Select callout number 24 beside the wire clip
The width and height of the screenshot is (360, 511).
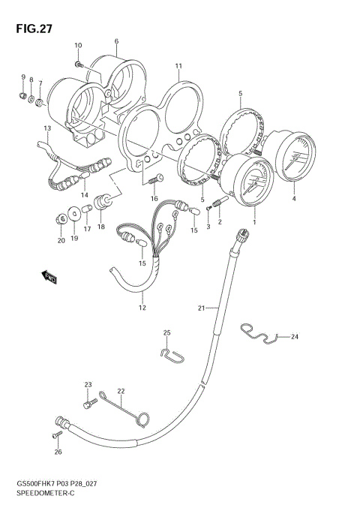pos(294,337)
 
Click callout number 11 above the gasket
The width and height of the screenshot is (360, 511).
pos(178,66)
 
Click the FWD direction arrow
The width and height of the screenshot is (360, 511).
pos(50,278)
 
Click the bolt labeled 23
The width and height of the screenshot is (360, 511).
pos(89,404)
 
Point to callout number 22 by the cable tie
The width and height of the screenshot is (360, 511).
pos(121,391)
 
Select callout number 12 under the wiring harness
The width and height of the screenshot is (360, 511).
pos(141,308)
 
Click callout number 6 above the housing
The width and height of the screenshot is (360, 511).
pos(116,41)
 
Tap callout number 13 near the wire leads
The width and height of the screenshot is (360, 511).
pos(46,128)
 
